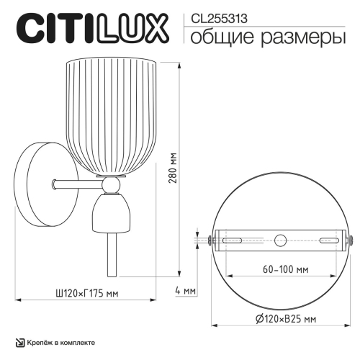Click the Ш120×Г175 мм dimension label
point(87,293)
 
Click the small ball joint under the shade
point(109,186)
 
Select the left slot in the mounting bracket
point(235,240)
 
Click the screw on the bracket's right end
point(352,240)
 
